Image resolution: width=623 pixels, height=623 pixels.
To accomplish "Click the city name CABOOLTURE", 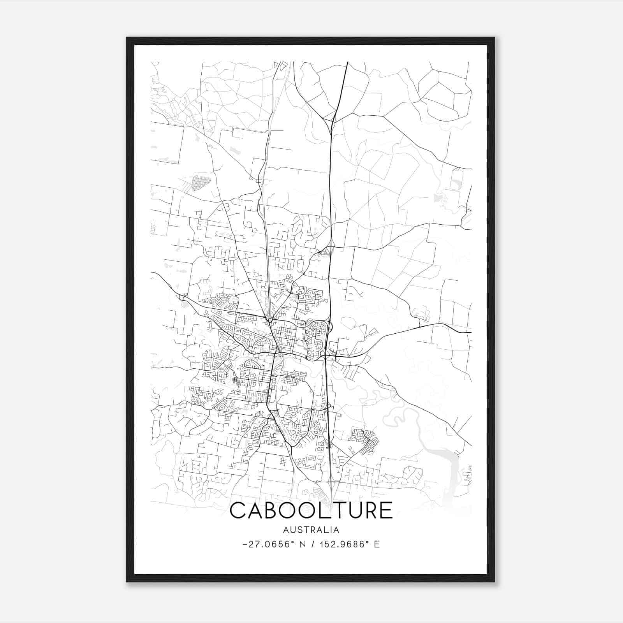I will pyautogui.click(x=311, y=510).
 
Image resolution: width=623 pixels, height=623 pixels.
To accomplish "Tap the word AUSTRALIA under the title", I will pyautogui.click(x=311, y=530).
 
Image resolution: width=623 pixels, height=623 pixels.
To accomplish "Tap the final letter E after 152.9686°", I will pyautogui.click(x=377, y=544).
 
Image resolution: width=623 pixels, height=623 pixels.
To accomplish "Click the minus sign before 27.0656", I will pyautogui.click(x=245, y=544).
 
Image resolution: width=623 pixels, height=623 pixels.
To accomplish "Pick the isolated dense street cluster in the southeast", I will pyautogui.click(x=364, y=440).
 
